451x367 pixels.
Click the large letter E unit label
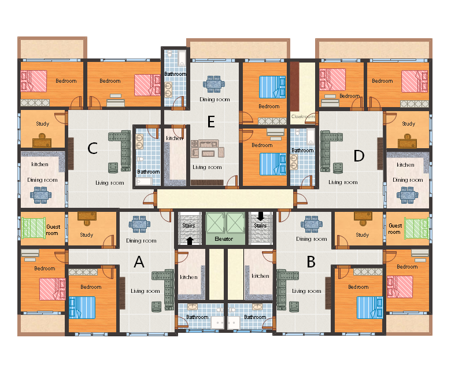211,122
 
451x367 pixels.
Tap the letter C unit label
93,149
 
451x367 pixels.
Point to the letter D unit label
359,156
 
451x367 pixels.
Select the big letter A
139,262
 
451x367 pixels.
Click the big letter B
311,262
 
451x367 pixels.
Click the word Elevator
224,239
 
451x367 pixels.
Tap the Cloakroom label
303,116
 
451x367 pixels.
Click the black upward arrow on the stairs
190,241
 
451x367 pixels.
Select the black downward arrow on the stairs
261,216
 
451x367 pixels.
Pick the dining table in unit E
214,84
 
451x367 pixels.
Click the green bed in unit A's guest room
34,228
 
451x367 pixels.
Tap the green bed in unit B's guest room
417,228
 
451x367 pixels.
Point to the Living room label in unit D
343,182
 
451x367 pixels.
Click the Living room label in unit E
207,167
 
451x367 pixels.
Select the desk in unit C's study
42,141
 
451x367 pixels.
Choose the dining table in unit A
139,224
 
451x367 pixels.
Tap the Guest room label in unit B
395,229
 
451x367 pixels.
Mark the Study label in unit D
408,124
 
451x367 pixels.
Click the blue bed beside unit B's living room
370,308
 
